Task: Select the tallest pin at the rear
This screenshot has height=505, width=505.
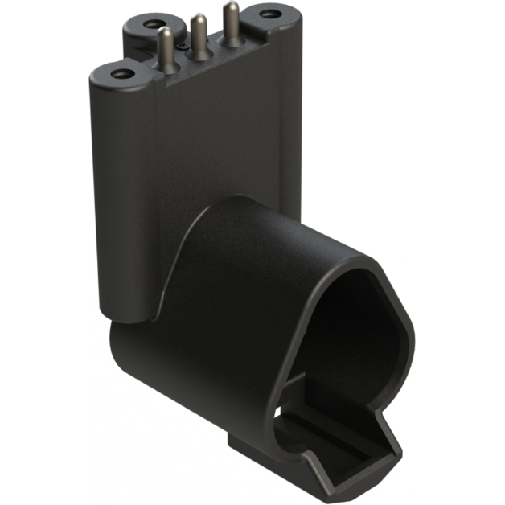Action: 232,24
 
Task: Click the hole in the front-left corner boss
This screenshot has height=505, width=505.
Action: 121,74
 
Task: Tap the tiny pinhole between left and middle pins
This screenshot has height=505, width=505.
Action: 183,47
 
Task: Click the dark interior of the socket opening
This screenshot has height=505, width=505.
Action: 354,330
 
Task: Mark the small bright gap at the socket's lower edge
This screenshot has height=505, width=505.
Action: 283,417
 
